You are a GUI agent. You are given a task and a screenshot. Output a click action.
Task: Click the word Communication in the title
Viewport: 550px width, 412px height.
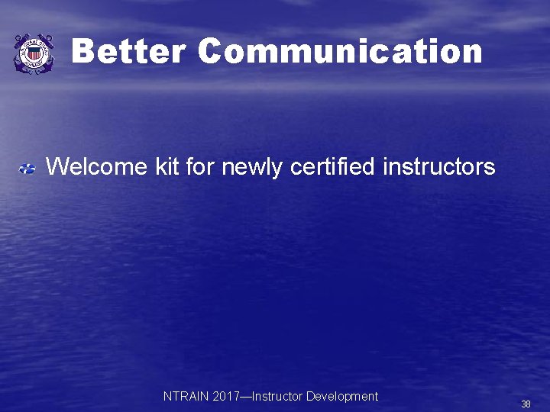coord(340,52)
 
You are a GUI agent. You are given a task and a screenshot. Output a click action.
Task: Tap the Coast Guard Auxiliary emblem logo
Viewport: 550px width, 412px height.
coord(34,53)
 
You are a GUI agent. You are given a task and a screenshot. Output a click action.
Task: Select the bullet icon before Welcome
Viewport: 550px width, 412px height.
coord(27,167)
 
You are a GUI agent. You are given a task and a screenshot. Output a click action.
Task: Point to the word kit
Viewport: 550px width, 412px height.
coord(167,166)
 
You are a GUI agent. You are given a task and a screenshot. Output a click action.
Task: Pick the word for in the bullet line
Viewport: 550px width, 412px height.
coord(200,166)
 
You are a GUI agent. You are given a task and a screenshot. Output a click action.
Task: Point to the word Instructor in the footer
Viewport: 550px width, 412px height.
coord(277,397)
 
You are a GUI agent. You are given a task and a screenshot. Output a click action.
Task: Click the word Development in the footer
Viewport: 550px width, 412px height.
coord(342,397)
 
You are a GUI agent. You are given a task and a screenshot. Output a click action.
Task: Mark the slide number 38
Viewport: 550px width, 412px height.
coord(526,404)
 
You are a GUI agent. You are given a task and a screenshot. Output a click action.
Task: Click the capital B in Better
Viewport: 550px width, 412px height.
coord(85,52)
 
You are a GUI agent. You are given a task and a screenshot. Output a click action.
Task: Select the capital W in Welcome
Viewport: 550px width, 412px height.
coord(57,166)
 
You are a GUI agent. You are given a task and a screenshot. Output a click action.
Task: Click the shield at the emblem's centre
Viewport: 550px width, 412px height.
coord(34,54)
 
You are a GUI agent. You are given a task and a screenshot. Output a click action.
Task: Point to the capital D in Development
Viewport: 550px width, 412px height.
coord(310,397)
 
